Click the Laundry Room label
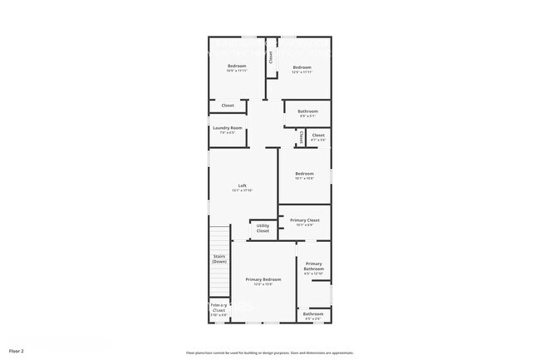click(x=227, y=127)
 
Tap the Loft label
click(x=242, y=185)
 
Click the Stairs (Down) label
click(x=219, y=259)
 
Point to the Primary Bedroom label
click(x=263, y=279)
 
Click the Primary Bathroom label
click(x=314, y=266)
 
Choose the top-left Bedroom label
click(x=237, y=67)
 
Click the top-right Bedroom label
click(x=302, y=67)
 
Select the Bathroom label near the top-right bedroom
click(x=307, y=111)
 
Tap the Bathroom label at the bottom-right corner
click(x=313, y=314)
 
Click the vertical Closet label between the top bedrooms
click(x=270, y=57)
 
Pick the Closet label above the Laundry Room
click(x=227, y=106)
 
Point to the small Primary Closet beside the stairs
click(x=218, y=308)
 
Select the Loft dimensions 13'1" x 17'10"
click(x=242, y=191)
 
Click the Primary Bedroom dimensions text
click(x=263, y=285)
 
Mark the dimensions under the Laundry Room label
click(x=227, y=133)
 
